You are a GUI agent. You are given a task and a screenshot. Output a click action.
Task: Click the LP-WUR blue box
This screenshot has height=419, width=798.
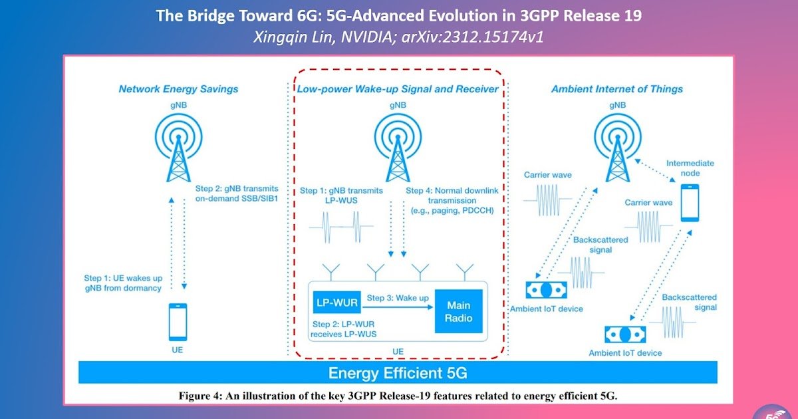[x=336, y=303]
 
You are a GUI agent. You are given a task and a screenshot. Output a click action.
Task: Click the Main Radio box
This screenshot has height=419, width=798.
[x=459, y=311]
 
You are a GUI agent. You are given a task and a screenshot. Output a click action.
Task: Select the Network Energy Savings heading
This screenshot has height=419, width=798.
[x=178, y=88]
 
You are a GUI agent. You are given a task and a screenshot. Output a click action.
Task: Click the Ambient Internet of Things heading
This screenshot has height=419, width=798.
[x=617, y=88]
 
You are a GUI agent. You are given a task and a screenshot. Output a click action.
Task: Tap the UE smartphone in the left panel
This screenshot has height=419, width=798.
[x=177, y=322]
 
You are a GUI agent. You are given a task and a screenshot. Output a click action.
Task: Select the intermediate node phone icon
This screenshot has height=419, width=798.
[x=690, y=202]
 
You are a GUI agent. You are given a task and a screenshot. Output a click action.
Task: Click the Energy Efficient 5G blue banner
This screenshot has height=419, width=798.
[x=398, y=372]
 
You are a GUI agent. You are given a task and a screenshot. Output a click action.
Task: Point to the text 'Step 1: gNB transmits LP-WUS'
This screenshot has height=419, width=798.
[x=341, y=196]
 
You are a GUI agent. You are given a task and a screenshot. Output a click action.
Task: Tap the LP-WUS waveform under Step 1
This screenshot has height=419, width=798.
[x=341, y=227]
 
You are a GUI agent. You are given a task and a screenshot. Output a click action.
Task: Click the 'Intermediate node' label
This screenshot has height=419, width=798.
[x=690, y=168]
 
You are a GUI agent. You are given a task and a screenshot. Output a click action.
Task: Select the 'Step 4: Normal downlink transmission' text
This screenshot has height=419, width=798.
[x=452, y=200]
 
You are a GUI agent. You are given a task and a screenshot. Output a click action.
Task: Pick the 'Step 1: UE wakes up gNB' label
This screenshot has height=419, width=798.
[x=123, y=283]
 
